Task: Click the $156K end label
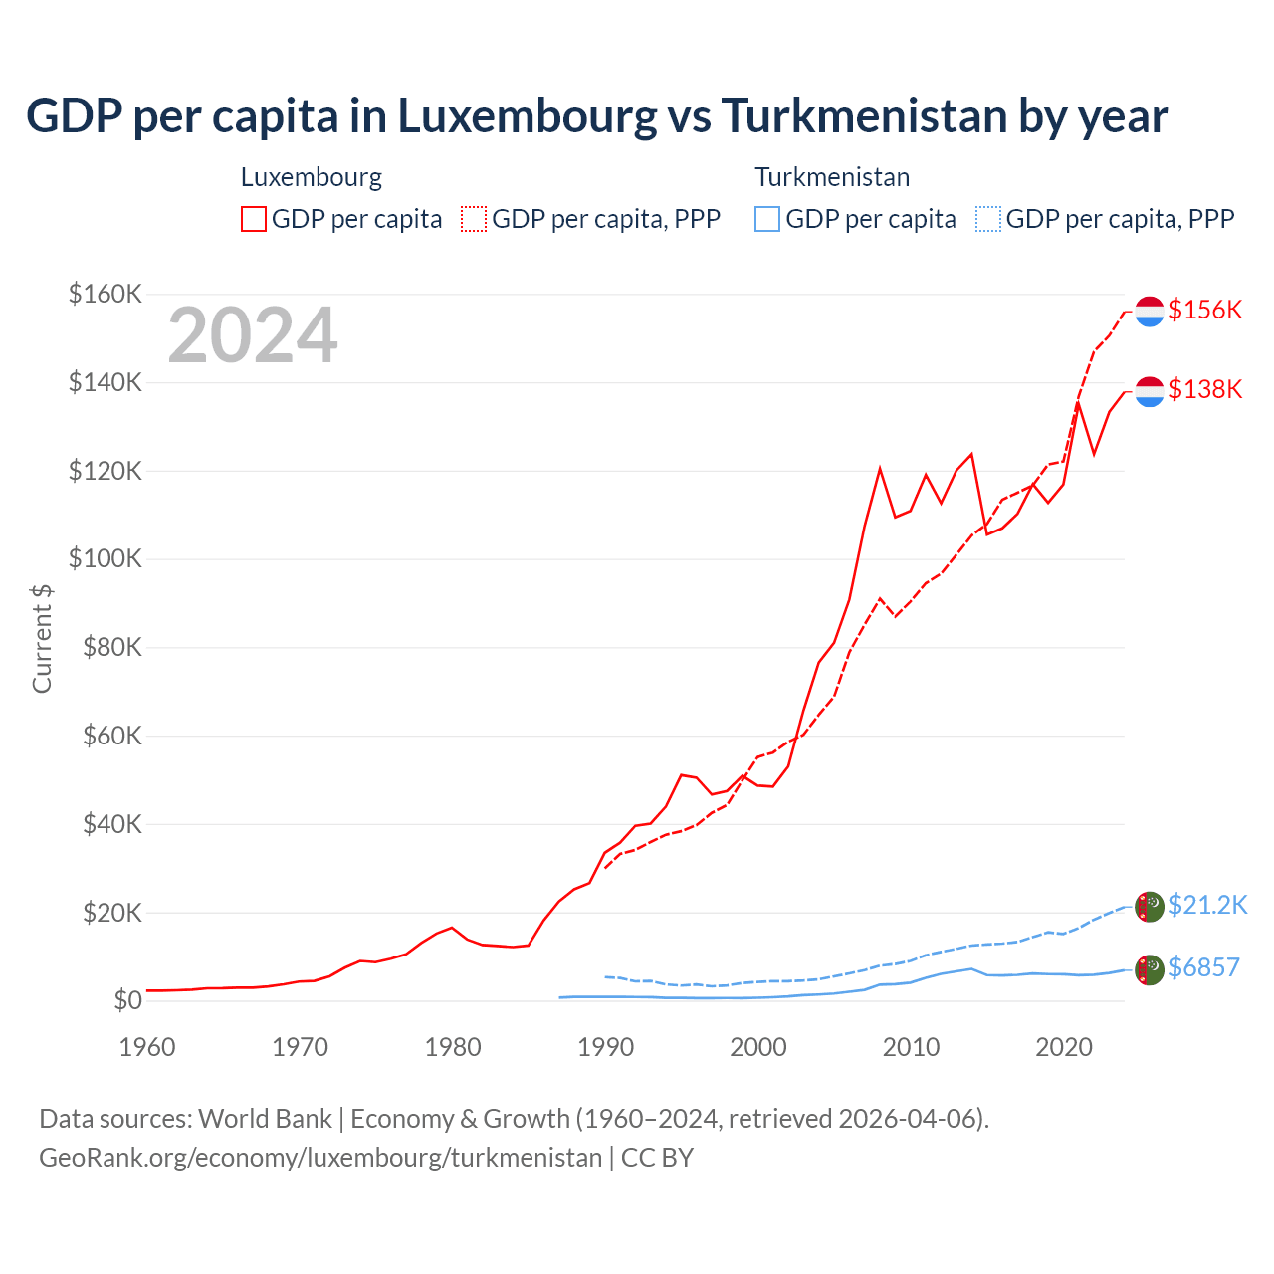[x=1205, y=310]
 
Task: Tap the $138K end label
[x=1205, y=389]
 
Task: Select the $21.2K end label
[x=1207, y=905]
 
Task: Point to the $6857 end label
[x=1203, y=967]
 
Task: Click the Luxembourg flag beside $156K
[x=1150, y=311]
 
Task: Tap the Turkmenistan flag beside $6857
[x=1150, y=969]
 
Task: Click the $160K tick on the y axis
[x=106, y=294]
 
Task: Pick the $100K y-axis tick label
[x=106, y=558]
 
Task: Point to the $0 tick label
[x=127, y=1000]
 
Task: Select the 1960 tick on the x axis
[x=147, y=1047]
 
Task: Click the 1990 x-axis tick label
[x=605, y=1047]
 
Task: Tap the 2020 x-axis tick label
[x=1064, y=1047]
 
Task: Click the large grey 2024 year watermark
[x=253, y=335]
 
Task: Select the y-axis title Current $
[x=42, y=638]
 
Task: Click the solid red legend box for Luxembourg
[x=254, y=219]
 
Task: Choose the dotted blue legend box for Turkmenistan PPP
[x=988, y=219]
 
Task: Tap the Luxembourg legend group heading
[x=312, y=177]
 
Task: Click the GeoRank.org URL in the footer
[x=320, y=1158]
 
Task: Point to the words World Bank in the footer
[x=265, y=1119]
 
